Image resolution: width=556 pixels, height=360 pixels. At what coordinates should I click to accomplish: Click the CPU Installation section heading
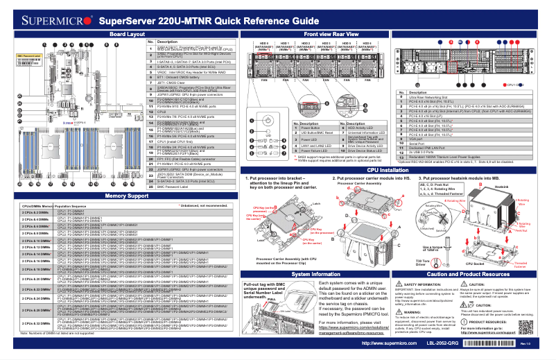tap(392, 169)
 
